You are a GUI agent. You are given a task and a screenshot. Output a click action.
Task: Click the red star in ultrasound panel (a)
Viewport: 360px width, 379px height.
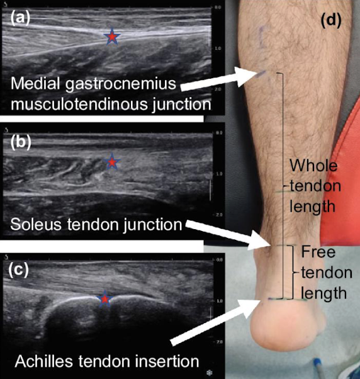tap(112, 37)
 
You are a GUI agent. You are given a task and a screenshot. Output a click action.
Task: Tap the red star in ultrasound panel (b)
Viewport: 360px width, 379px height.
tap(112, 161)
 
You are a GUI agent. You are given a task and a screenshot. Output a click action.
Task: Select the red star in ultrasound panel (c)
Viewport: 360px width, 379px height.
tap(104, 299)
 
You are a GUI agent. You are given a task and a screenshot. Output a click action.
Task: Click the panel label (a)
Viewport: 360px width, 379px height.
tap(20, 18)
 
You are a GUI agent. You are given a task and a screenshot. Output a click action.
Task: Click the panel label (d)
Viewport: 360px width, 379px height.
tap(331, 20)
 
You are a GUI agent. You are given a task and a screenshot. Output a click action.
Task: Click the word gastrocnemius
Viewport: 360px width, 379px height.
tap(121, 84)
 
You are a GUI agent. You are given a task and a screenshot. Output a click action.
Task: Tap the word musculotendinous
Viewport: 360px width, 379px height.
tap(79, 105)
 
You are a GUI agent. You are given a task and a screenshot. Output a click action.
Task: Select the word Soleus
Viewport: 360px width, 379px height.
tap(36, 224)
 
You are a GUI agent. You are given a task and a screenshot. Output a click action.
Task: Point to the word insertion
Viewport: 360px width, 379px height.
tap(167, 361)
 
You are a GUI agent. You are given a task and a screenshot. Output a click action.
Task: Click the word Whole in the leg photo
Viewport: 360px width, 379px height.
tap(313, 166)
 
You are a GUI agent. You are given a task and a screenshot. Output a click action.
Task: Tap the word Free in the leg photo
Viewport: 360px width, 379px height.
tap(318, 252)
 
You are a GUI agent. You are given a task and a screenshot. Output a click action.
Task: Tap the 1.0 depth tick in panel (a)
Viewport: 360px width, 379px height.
tap(218, 48)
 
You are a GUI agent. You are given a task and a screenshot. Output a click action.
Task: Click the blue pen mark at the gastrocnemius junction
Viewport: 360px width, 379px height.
tap(261, 74)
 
